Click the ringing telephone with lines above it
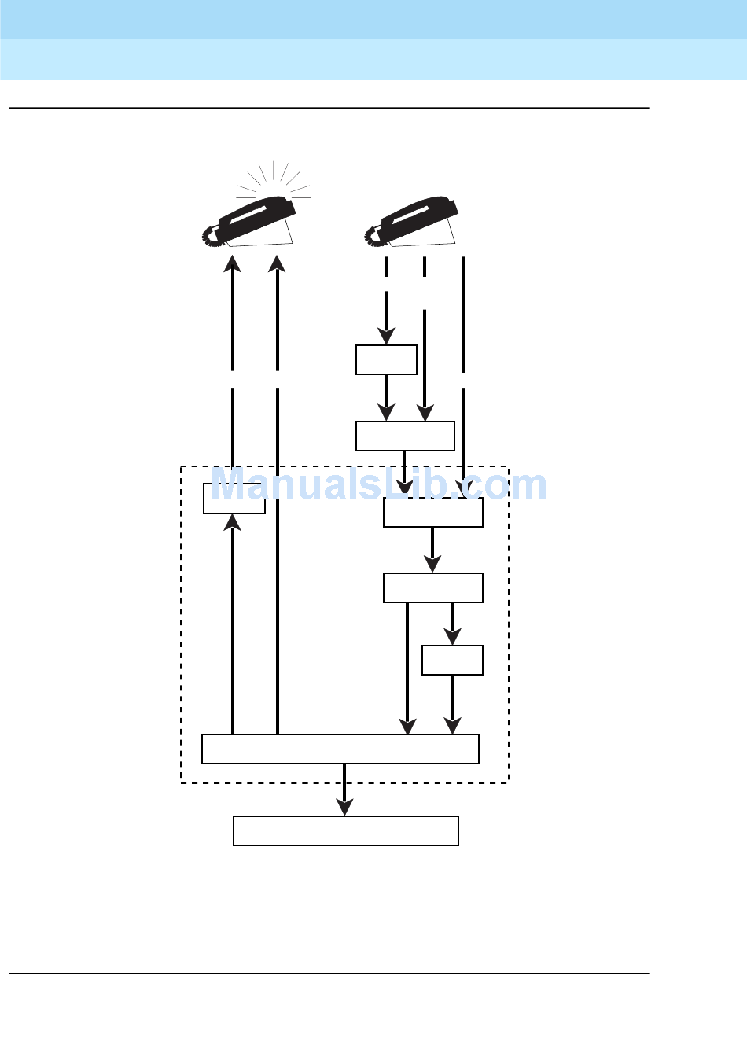252,221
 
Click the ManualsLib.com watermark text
379,484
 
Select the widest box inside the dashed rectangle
340,749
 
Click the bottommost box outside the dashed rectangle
345,830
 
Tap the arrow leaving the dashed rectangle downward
344,790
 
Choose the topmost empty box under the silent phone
386,359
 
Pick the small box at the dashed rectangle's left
234,499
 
